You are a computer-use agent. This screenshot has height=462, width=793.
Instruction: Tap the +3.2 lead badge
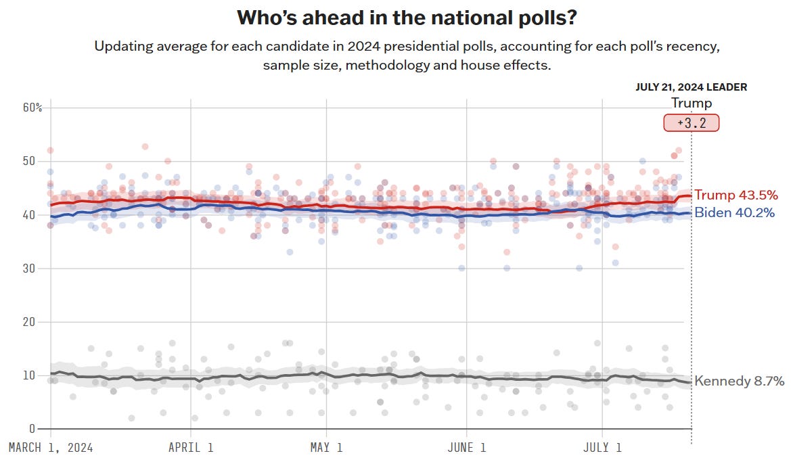[x=691, y=123]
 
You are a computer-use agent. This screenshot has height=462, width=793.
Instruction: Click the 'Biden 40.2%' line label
[x=735, y=213]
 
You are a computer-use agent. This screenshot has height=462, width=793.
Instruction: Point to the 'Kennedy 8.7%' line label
[x=740, y=381]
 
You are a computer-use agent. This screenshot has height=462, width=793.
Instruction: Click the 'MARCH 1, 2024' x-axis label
[x=50, y=447]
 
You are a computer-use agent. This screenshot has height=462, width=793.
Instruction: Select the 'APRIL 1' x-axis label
[x=191, y=447]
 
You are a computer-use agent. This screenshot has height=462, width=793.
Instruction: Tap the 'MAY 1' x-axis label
[x=326, y=447]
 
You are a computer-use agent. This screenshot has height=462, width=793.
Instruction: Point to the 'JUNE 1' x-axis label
[x=466, y=447]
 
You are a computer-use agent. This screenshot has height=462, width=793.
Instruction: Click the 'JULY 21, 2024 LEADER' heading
[x=691, y=87]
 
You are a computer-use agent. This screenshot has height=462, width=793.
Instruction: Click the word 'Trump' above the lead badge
[x=691, y=103]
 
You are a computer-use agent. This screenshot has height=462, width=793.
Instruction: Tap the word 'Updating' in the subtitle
[x=121, y=47]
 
